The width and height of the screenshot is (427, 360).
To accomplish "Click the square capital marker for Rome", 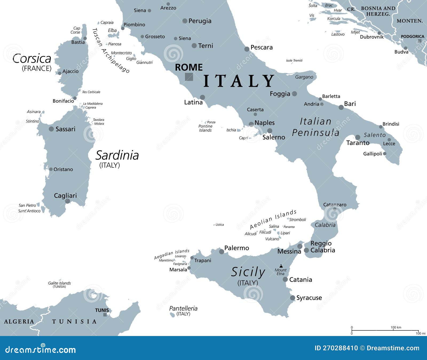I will point(189,77).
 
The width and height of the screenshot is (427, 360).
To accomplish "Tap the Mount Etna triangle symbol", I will point(281,266).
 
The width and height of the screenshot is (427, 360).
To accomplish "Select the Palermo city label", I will point(236,248).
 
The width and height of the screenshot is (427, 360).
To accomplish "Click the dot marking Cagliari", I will point(68,201).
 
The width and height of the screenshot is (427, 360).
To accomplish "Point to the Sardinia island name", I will point(117,155).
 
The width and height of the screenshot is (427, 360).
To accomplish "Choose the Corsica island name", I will point(32,59).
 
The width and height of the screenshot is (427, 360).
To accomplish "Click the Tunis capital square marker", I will point(105,315).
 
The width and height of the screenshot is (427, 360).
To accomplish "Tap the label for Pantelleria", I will point(183,309).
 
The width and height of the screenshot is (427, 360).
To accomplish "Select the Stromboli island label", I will point(298,220).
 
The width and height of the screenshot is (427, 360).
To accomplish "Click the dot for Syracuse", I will point(292,298).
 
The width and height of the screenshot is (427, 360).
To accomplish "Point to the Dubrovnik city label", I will point(371,37).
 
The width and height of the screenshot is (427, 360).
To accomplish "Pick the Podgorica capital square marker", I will point(420,41).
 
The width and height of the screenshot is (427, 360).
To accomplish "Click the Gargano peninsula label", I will point(304,77).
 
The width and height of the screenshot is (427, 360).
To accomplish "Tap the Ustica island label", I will point(220,225).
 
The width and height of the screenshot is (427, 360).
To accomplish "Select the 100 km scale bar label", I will point(396,327).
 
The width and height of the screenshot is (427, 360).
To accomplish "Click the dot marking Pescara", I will point(247,49).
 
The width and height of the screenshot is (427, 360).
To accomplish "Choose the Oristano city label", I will point(63,169).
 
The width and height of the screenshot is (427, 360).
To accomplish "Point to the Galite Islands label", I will point(59,283).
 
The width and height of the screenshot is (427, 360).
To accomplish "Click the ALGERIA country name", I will point(19,322).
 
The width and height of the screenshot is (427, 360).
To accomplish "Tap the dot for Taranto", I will point(358,137).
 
